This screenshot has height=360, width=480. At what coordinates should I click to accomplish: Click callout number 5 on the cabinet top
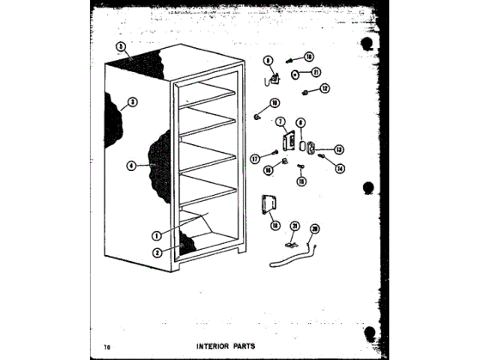coord(120,46)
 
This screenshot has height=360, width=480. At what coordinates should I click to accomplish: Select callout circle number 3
coord(132,103)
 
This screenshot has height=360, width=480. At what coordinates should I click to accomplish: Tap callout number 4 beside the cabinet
coord(131,166)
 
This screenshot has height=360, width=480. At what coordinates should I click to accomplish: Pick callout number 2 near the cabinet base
coord(157,252)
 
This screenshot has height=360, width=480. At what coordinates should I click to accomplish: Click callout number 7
coord(279,121)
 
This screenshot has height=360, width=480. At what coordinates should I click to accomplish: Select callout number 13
coord(338,148)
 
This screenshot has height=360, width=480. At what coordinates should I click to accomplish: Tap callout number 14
coord(340,168)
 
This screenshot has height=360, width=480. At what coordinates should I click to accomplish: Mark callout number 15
coord(301,180)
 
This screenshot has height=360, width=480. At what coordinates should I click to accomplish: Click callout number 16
coord(268,170)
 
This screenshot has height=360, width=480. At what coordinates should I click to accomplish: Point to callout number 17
coord(256,158)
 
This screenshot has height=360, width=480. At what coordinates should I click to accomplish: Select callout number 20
coord(314,229)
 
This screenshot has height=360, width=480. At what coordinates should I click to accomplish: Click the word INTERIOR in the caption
coord(216,346)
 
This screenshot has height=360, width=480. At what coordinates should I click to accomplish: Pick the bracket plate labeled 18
coord(268,204)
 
